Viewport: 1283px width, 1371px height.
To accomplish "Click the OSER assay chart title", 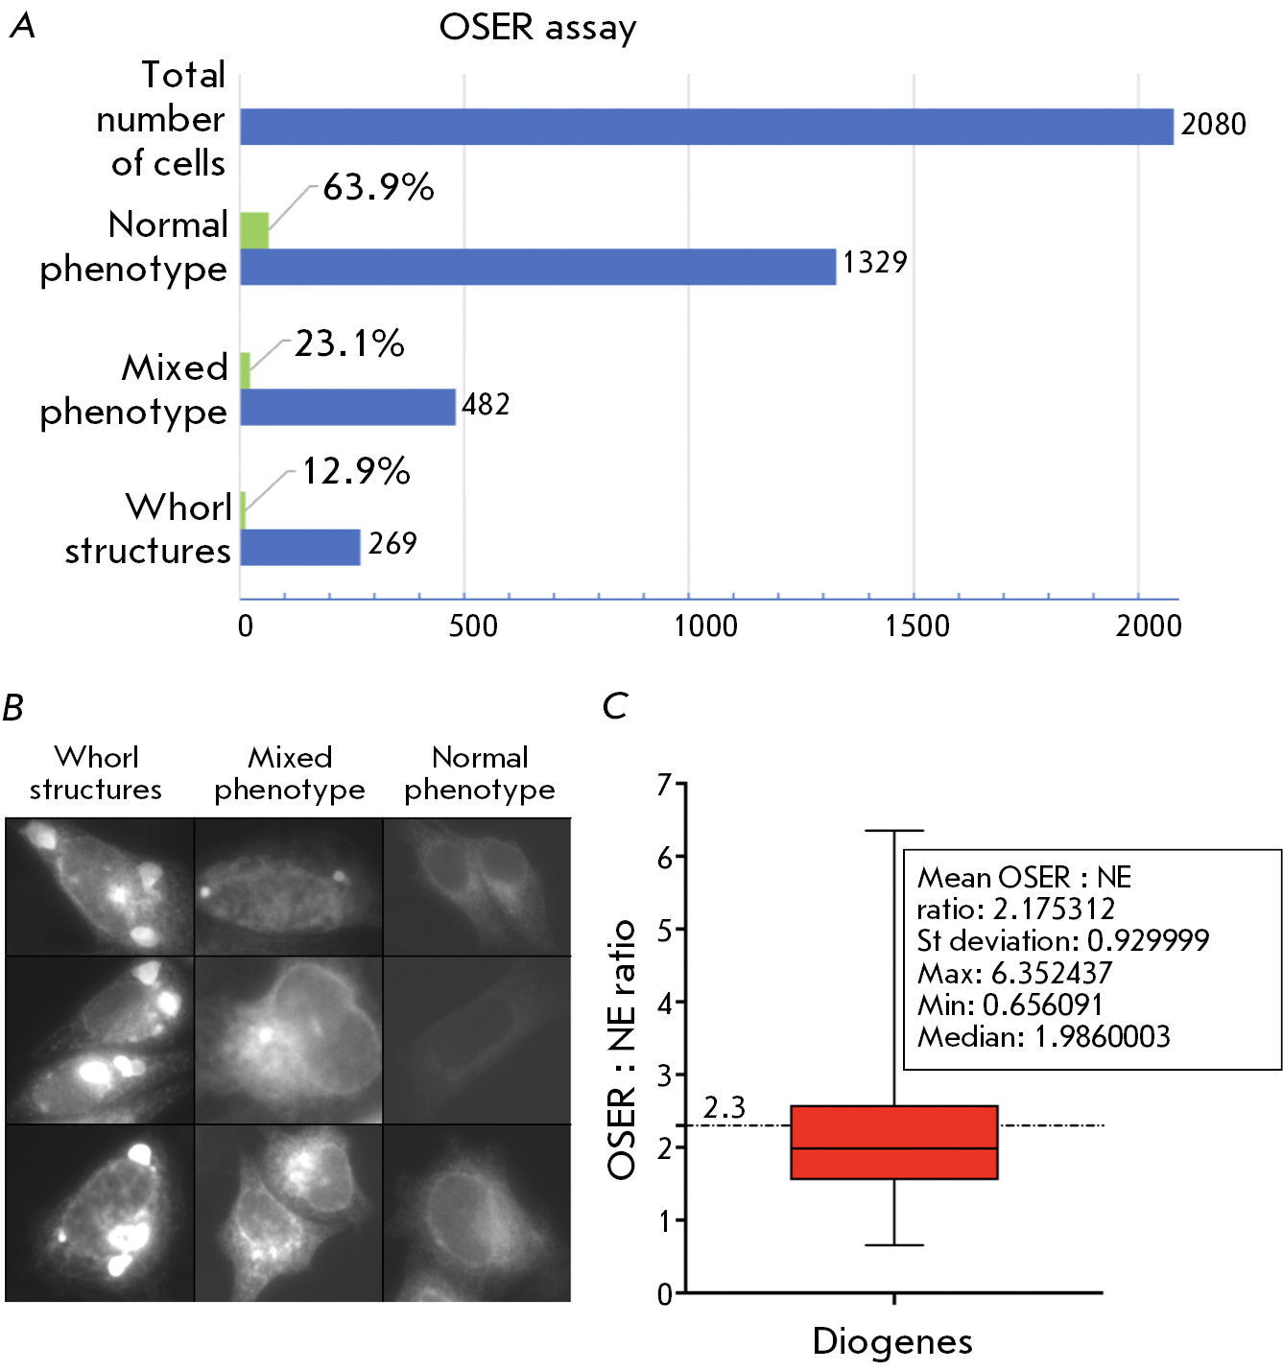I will click(537, 28).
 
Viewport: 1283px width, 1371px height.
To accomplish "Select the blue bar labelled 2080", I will click(706, 127).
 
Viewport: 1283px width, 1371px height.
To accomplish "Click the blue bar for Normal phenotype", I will click(537, 267).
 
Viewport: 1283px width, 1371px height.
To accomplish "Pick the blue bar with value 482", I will click(347, 407).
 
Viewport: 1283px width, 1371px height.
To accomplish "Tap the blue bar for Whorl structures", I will click(299, 547).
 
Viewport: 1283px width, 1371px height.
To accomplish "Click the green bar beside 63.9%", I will click(254, 230).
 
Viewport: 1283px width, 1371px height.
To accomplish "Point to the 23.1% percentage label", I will click(349, 343).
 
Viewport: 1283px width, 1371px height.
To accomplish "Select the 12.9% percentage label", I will click(356, 471).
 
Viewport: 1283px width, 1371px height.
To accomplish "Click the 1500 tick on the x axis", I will click(916, 626).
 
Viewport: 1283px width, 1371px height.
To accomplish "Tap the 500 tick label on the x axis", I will click(473, 626).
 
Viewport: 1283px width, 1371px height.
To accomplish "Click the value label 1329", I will click(874, 262).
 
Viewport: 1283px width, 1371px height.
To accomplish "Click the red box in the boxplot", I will click(893, 1142).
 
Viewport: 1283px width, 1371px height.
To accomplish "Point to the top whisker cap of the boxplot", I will click(893, 831).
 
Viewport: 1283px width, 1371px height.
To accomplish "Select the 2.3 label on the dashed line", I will click(725, 1108).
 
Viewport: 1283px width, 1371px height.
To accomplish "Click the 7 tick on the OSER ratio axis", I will click(664, 785).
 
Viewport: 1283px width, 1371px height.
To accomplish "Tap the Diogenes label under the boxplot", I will click(892, 1341).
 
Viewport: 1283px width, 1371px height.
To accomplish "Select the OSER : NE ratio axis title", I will click(622, 1049).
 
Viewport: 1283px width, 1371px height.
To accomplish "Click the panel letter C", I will click(614, 707).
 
